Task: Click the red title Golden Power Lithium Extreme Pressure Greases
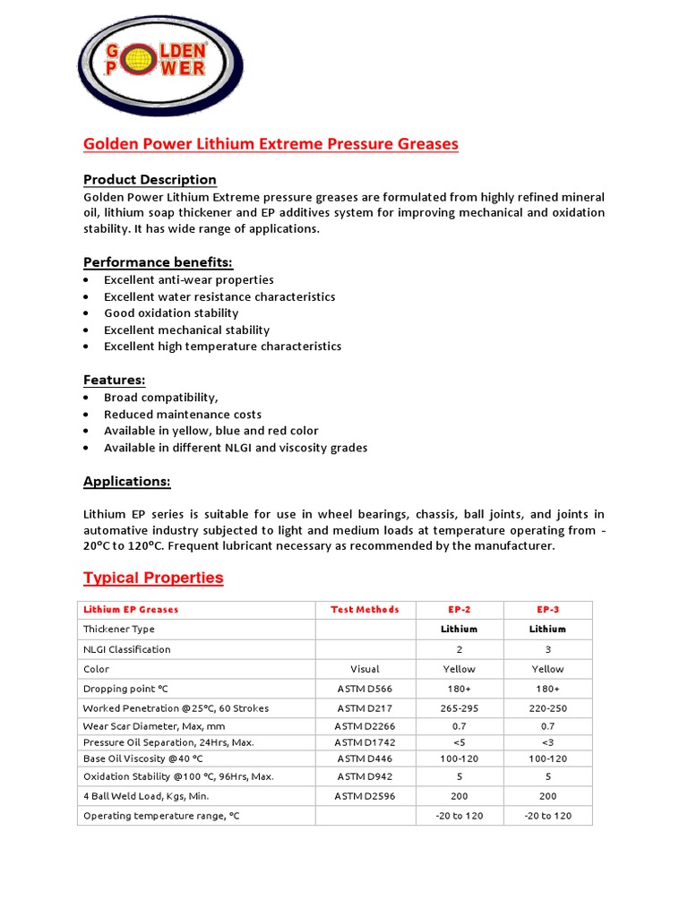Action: (271, 144)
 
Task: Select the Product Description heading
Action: (150, 179)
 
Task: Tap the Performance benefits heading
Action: (158, 262)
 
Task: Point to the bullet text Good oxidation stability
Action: (171, 313)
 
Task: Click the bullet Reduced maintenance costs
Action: (183, 415)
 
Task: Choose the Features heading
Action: (114, 381)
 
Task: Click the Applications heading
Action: (126, 482)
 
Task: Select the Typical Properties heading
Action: (153, 578)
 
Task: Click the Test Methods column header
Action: (365, 610)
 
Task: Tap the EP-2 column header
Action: (459, 610)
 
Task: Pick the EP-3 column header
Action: (547, 610)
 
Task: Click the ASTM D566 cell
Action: (365, 689)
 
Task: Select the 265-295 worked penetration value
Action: (459, 708)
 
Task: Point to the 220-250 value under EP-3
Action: (547, 708)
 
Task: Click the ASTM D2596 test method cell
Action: (365, 796)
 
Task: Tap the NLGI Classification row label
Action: (126, 649)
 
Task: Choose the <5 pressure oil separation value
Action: (459, 742)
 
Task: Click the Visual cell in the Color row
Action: (365, 669)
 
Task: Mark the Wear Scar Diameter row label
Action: (154, 726)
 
